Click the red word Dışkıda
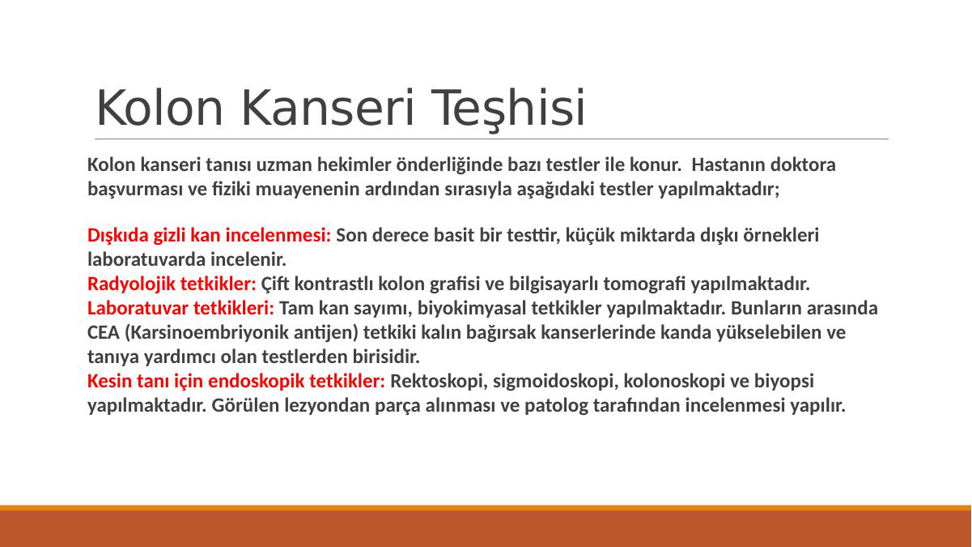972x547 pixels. (x=118, y=235)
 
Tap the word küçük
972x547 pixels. (x=590, y=235)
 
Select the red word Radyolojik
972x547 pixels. (x=130, y=284)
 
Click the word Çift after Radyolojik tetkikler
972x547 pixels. (x=275, y=285)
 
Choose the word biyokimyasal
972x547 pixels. (x=472, y=309)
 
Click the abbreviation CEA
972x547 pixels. (x=104, y=333)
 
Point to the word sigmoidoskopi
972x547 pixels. (x=556, y=381)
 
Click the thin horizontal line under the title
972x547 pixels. (x=491, y=139)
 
